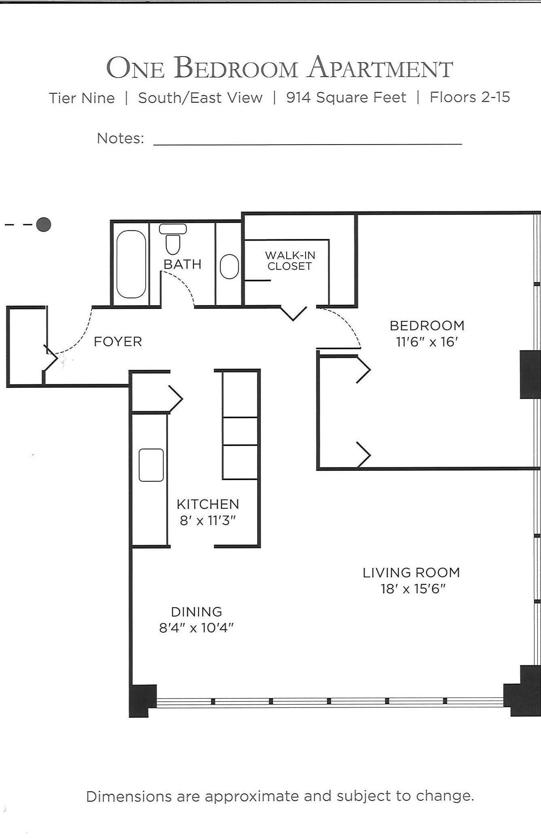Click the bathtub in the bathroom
pyautogui.click(x=131, y=264)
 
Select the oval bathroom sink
pyautogui.click(x=229, y=267)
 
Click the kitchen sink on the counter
pyautogui.click(x=151, y=465)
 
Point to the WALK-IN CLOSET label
pyautogui.click(x=290, y=261)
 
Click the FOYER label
pyautogui.click(x=118, y=342)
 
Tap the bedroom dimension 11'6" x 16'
pyautogui.click(x=427, y=342)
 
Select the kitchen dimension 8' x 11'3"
pyautogui.click(x=208, y=521)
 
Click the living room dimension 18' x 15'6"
pyautogui.click(x=412, y=589)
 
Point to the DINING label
pyautogui.click(x=197, y=612)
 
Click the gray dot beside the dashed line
pyautogui.click(x=43, y=224)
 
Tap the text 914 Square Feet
pyautogui.click(x=346, y=98)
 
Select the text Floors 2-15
pyautogui.click(x=470, y=97)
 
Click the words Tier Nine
pyautogui.click(x=81, y=98)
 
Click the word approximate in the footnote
pyautogui.click(x=252, y=796)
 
